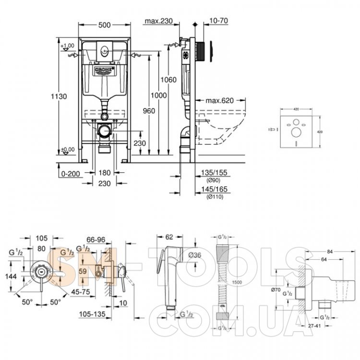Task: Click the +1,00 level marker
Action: click(x=69, y=46)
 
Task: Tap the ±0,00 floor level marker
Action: click(x=68, y=149)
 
